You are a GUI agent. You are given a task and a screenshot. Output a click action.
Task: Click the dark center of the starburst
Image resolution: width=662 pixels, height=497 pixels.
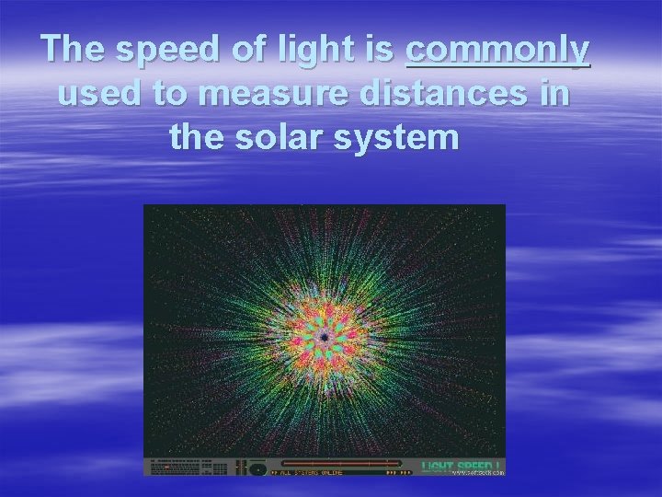click(x=325, y=339)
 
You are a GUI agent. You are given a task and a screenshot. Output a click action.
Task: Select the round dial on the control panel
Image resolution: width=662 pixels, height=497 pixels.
click(x=258, y=468)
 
